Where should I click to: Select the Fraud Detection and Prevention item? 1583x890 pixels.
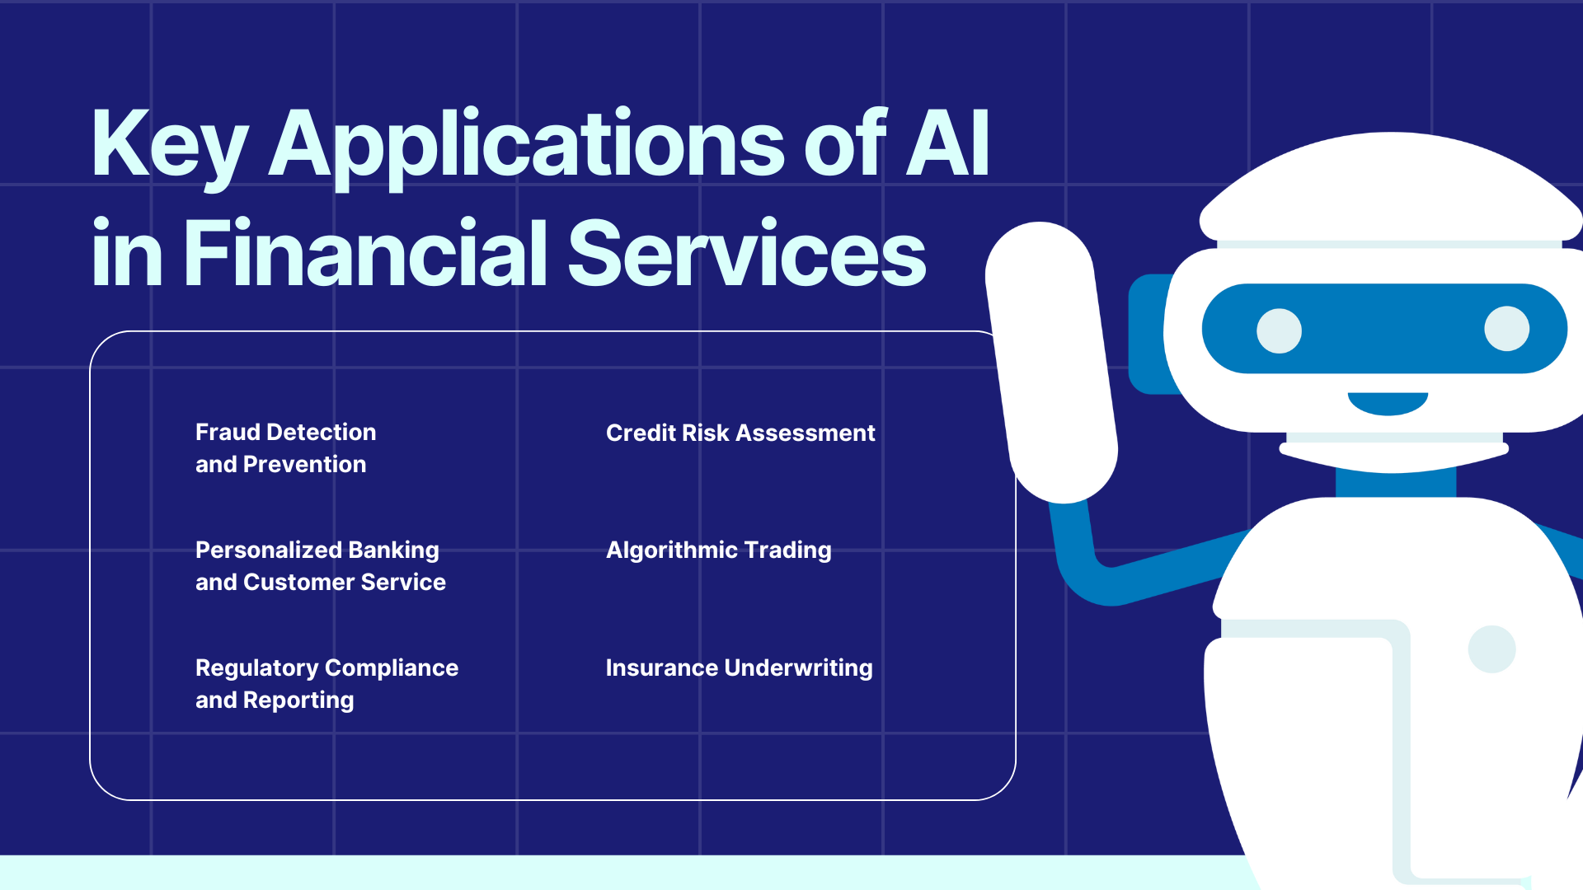tap(285, 447)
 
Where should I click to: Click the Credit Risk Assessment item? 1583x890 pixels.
tap(740, 433)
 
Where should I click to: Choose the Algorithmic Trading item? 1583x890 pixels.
tap(718, 550)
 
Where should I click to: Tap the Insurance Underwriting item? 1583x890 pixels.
tap(739, 667)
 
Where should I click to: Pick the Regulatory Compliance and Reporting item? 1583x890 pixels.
tap(326, 683)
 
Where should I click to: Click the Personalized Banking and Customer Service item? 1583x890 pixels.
tap(320, 565)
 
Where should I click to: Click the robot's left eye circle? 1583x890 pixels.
tap(1279, 330)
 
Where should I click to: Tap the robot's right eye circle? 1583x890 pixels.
tap(1506, 328)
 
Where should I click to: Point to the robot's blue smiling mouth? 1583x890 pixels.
tap(1388, 403)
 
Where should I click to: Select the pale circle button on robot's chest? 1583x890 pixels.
tap(1491, 649)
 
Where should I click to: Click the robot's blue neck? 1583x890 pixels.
tap(1395, 484)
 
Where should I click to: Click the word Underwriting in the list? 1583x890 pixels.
tap(797, 667)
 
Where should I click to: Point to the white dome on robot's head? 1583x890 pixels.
tap(1391, 190)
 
